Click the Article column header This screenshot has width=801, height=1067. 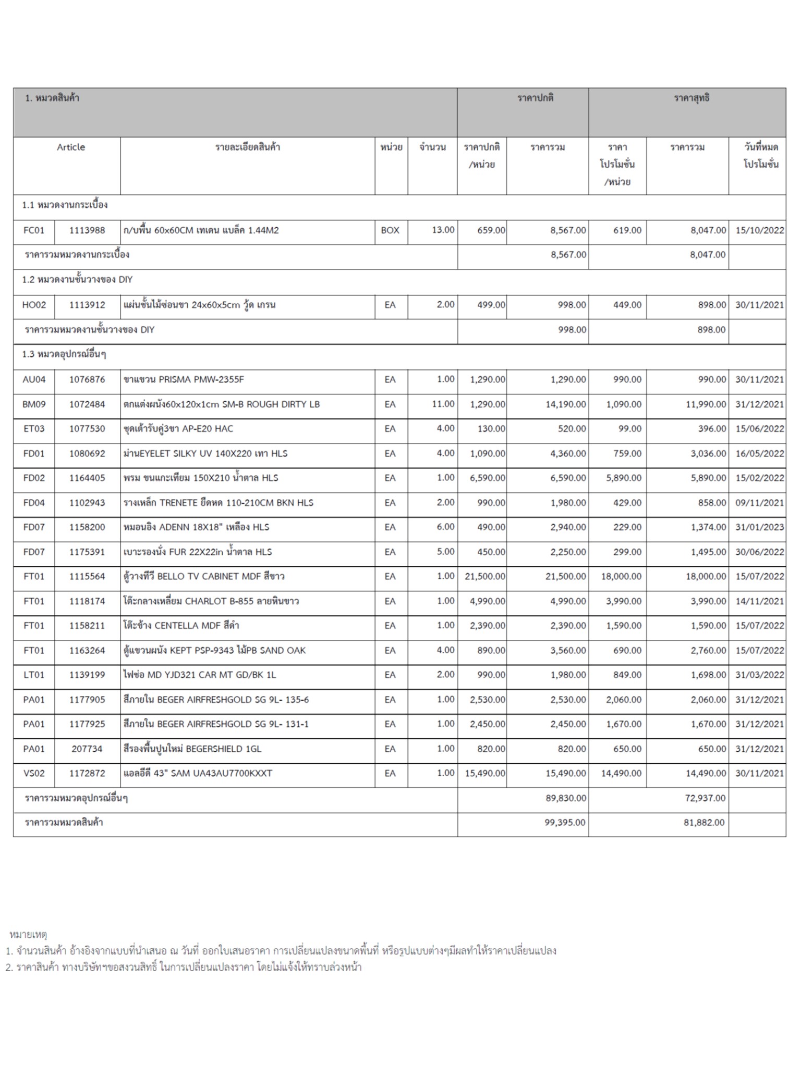pyautogui.click(x=71, y=147)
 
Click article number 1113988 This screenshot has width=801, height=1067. pyautogui.click(x=87, y=230)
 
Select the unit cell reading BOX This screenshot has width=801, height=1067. pyautogui.click(x=390, y=230)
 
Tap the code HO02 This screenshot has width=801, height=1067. pyautogui.click(x=34, y=305)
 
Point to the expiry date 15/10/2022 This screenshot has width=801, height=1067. pyautogui.click(x=759, y=230)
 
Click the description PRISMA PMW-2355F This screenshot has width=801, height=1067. pyautogui.click(x=184, y=379)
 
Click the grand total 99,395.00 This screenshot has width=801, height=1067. pyautogui.click(x=565, y=822)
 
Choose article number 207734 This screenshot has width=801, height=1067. pyautogui.click(x=87, y=749)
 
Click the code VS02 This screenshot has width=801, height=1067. pyautogui.click(x=34, y=773)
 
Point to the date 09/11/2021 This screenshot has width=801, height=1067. pyautogui.click(x=759, y=503)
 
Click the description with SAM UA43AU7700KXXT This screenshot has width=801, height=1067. pyautogui.click(x=198, y=773)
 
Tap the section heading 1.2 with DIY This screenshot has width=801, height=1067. pyautogui.click(x=77, y=280)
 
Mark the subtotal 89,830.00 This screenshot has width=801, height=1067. pyautogui.click(x=565, y=798)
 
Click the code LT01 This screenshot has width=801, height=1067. pyautogui.click(x=34, y=675)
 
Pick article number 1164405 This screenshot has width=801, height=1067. pyautogui.click(x=87, y=478)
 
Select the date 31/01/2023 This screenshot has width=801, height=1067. pyautogui.click(x=759, y=527)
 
